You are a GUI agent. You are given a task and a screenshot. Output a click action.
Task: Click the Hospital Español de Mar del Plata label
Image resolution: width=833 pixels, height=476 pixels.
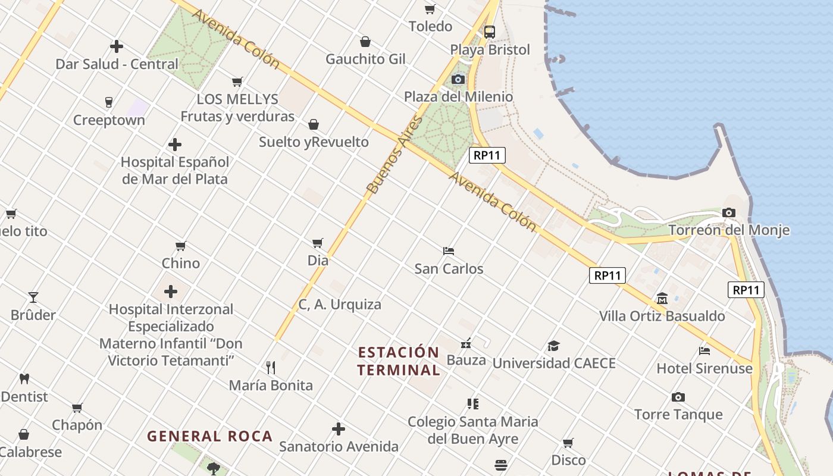(x=174, y=170)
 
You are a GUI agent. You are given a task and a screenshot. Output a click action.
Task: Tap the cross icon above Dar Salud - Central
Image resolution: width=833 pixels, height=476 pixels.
(x=117, y=46)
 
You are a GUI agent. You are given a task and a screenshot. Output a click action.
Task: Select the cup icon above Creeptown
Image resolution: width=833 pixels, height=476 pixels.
(x=108, y=102)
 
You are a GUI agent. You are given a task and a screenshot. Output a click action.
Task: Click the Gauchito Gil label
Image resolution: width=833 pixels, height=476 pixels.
(x=365, y=59)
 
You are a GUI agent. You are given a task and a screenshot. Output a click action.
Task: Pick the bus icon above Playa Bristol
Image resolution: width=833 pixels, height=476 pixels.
(x=489, y=32)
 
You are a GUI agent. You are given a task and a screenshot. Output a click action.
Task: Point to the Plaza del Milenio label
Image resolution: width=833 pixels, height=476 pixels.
(x=458, y=96)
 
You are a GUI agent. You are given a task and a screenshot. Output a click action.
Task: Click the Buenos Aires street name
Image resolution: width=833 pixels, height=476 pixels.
(x=394, y=155)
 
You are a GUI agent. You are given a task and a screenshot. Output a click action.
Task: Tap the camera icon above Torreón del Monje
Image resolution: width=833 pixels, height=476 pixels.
(x=728, y=212)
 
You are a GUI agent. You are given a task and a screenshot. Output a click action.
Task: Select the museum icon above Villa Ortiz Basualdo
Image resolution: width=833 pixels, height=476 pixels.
(x=662, y=298)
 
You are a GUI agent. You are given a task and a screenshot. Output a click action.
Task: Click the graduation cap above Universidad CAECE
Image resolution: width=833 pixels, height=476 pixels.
(x=554, y=346)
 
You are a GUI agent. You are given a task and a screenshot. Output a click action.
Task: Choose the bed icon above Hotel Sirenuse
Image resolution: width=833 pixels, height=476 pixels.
(x=704, y=351)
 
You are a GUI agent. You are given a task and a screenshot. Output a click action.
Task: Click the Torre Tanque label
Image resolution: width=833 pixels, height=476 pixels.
(x=678, y=414)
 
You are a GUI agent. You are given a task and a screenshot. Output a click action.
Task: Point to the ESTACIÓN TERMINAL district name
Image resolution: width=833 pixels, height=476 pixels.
(x=399, y=361)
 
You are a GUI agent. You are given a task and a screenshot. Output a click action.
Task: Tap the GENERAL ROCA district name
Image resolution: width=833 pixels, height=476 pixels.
(x=209, y=436)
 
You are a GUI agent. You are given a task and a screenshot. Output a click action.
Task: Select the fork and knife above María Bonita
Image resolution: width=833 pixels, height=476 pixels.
(x=271, y=367)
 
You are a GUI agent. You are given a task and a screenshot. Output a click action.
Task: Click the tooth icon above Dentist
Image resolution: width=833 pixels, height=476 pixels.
(x=24, y=378)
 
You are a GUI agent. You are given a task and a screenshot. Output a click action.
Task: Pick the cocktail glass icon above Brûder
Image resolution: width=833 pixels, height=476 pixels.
(x=33, y=297)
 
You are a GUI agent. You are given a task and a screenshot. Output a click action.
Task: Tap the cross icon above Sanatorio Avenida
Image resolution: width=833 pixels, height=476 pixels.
(x=339, y=428)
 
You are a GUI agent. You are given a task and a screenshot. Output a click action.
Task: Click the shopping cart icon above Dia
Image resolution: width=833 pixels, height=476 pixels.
(x=318, y=243)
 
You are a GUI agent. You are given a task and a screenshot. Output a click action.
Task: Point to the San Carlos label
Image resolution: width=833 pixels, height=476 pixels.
(x=449, y=269)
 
